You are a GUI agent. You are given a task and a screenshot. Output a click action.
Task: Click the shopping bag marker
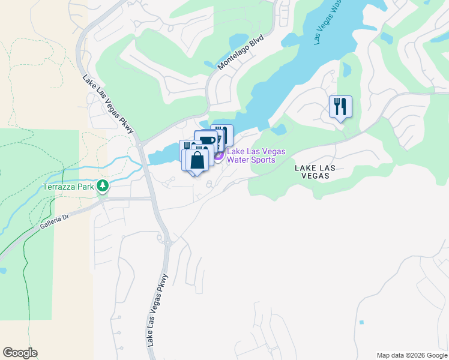pos(197,160)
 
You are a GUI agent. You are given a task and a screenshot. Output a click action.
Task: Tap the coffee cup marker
pos(206,141)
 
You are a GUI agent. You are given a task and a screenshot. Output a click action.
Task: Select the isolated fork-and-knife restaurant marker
pos(340,107)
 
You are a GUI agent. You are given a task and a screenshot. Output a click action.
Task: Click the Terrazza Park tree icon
pos(103,186)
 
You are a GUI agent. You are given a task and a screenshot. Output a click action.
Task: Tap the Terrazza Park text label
pos(69,187)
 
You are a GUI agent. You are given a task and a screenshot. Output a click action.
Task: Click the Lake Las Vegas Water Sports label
pos(256,155)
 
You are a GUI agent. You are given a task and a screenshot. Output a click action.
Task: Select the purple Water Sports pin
pos(219,155)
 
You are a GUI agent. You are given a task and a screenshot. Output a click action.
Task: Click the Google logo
pos(20,353)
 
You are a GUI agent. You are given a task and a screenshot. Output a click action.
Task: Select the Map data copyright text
pos(412,355)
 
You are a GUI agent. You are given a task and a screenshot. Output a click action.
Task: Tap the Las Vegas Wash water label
pos(328,22)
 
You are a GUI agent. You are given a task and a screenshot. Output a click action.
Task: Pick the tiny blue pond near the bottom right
pos(361,322)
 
